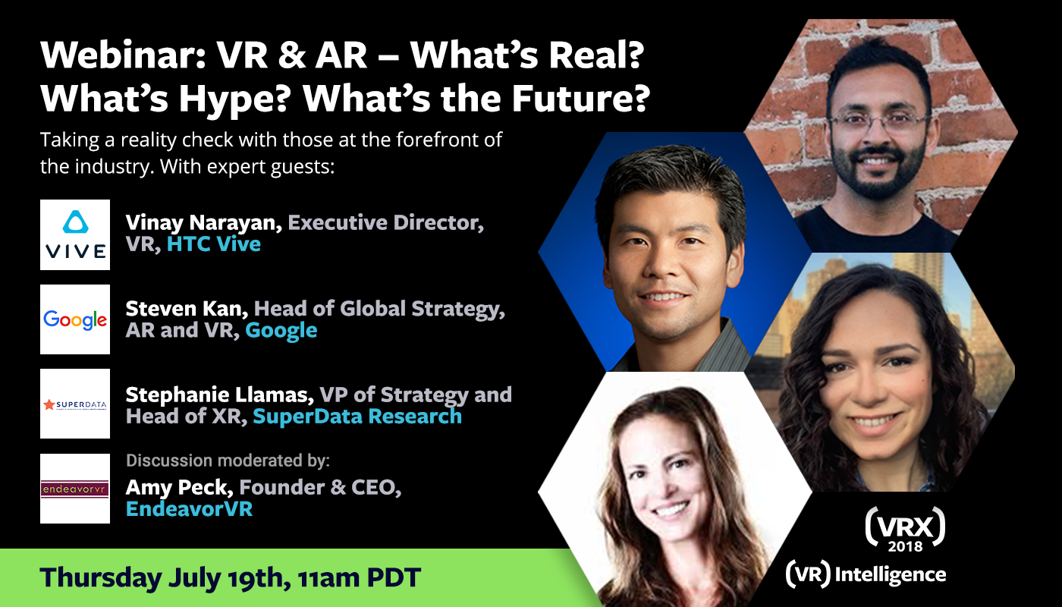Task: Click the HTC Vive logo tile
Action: [75, 234]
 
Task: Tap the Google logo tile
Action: [75, 319]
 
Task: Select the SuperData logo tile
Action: [75, 404]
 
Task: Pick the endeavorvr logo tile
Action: [75, 489]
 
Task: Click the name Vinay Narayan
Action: [204, 223]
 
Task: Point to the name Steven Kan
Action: [187, 309]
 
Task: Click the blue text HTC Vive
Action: [214, 244]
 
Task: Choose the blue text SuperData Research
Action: [357, 417]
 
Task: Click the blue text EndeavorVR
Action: [189, 509]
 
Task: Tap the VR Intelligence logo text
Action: [866, 574]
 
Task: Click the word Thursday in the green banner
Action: [101, 577]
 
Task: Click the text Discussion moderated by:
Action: [228, 461]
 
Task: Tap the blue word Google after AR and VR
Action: [281, 331]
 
